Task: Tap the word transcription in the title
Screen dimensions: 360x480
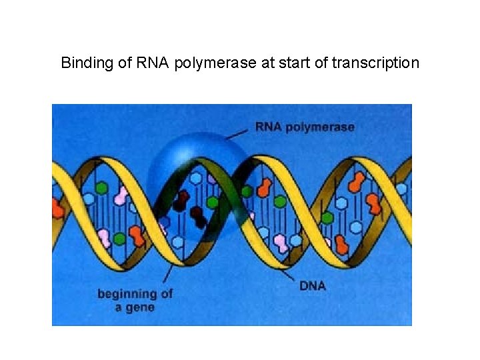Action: (x=376, y=63)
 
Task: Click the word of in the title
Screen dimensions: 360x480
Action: (x=319, y=63)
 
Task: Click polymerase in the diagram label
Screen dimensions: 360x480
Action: (x=321, y=127)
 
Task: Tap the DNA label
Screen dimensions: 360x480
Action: (x=313, y=287)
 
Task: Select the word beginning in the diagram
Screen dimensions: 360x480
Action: (x=127, y=294)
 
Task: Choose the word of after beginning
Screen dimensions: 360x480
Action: (x=166, y=293)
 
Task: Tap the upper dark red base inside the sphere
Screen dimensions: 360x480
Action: (x=181, y=198)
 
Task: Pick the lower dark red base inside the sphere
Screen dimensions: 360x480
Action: (x=198, y=215)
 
